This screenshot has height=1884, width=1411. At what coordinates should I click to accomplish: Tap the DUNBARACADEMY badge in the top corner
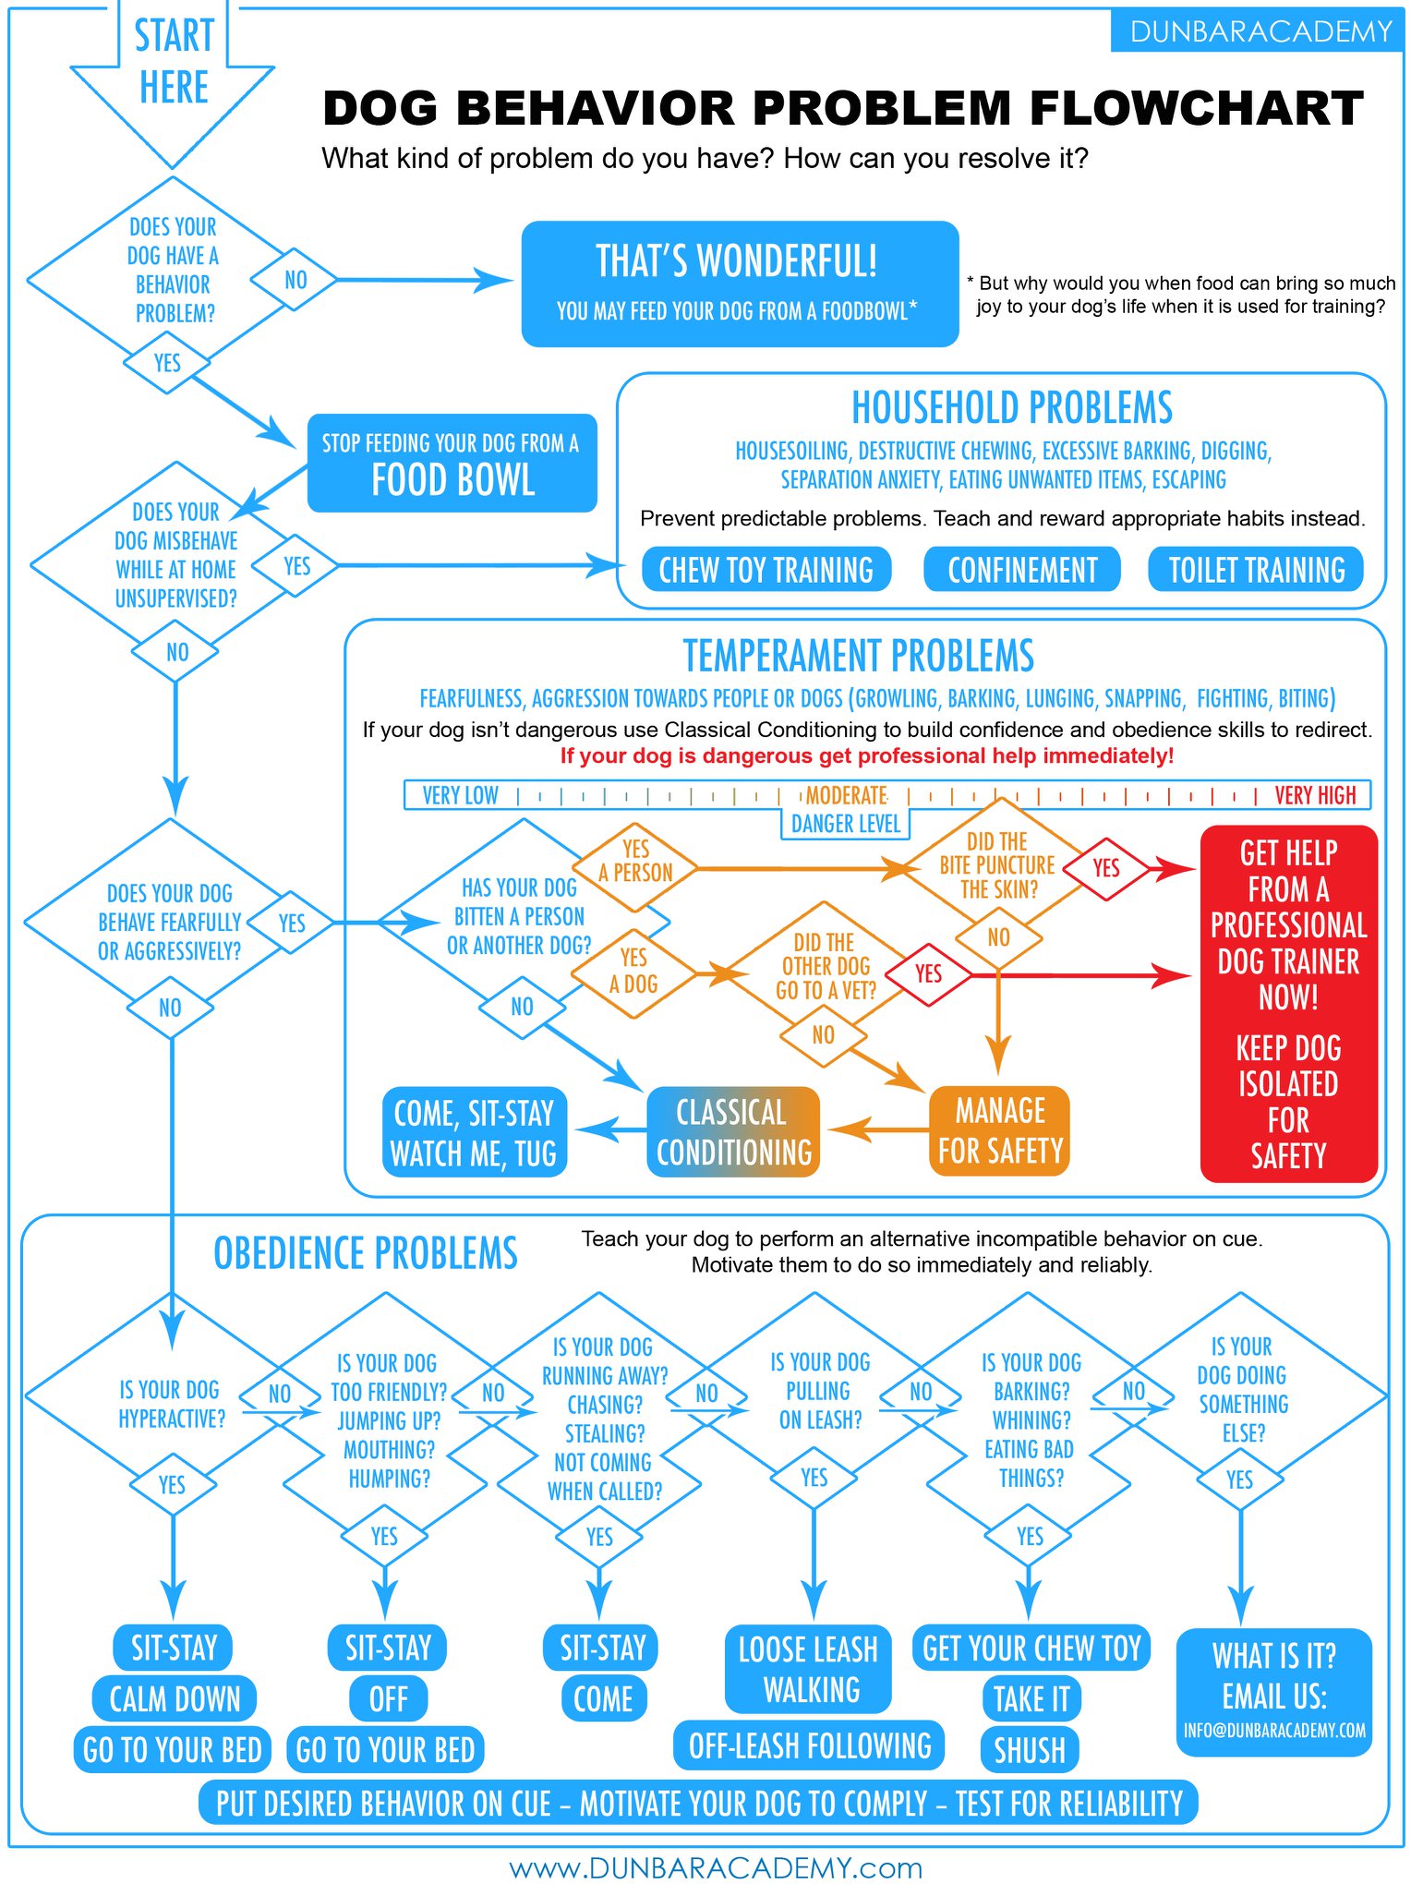[1260, 31]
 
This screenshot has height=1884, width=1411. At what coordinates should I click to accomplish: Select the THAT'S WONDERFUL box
[740, 284]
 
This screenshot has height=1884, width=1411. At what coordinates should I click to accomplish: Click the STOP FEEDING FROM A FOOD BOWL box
[452, 463]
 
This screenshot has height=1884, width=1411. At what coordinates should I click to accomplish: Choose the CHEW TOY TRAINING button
[766, 569]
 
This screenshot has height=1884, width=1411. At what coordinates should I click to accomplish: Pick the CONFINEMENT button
[1022, 569]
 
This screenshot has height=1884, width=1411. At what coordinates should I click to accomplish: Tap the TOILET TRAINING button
[1256, 569]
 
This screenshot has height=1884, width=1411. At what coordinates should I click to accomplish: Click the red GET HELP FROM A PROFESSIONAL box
[1288, 1004]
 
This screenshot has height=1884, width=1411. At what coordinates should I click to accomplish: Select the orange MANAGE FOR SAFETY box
[1000, 1130]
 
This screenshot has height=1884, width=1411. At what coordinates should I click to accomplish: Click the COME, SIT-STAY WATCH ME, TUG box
[474, 1132]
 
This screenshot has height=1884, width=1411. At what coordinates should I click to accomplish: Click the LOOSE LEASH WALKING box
[809, 1669]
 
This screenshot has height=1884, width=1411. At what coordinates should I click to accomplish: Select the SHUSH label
[1030, 1749]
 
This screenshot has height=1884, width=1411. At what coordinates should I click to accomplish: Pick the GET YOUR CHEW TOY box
[1031, 1648]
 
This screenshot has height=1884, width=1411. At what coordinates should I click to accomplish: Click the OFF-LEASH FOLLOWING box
[810, 1745]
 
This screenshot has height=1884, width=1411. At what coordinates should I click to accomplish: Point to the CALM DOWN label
[175, 1698]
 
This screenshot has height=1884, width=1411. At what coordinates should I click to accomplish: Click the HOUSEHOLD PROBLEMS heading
[1012, 407]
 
